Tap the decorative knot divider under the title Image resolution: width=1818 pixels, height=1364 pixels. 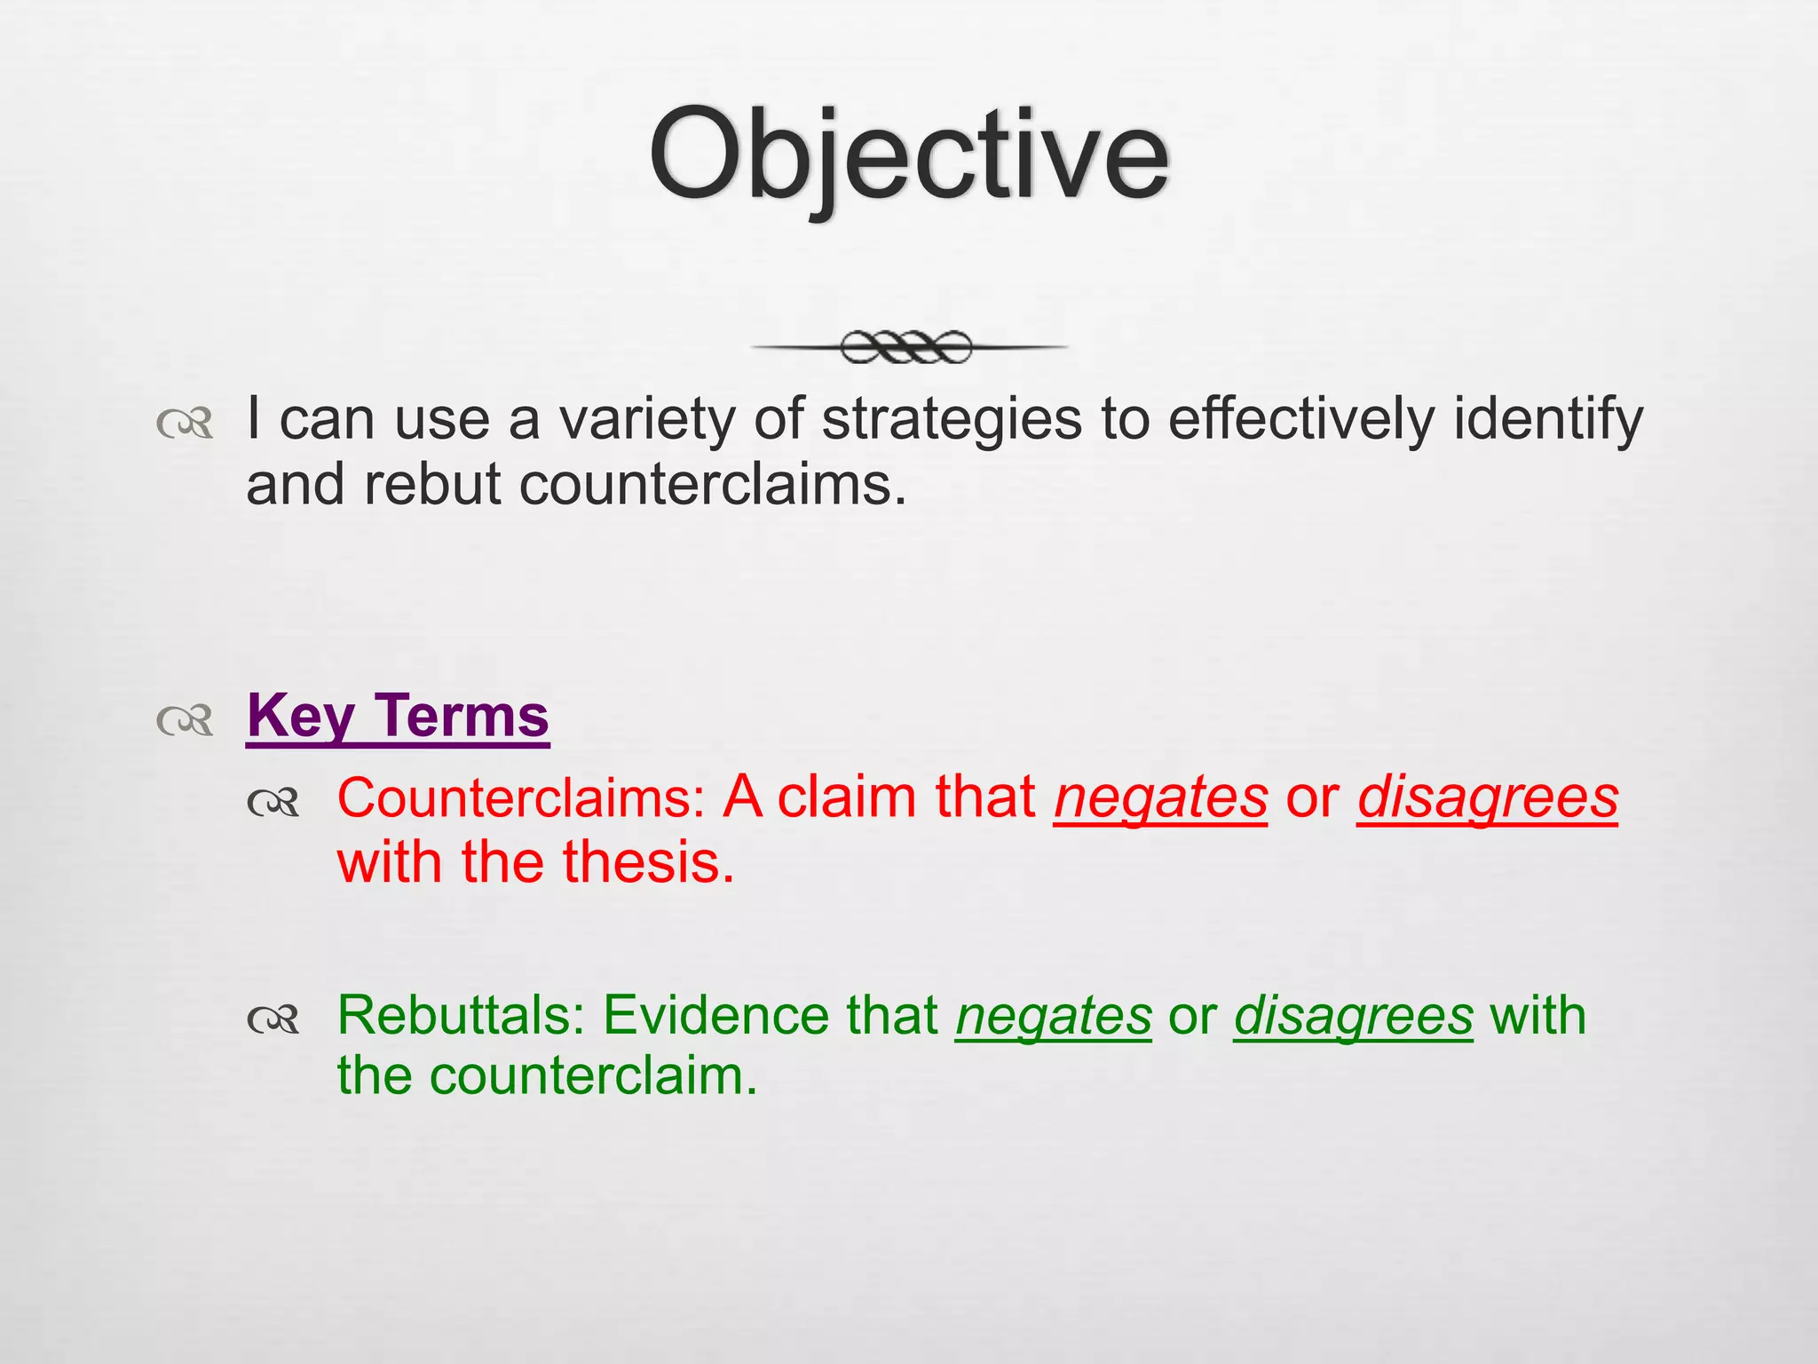point(907,347)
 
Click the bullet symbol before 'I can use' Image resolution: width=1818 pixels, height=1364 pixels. point(186,424)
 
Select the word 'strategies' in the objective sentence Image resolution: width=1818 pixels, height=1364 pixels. point(951,419)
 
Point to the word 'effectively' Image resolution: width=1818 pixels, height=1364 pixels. point(1300,419)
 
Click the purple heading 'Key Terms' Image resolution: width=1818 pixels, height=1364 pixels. point(398,716)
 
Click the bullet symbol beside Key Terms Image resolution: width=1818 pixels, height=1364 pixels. point(186,720)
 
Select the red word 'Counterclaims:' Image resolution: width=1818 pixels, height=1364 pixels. point(520,797)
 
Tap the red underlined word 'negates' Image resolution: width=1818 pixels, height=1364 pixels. point(1160,797)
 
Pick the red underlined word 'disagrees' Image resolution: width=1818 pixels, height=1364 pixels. point(1487,797)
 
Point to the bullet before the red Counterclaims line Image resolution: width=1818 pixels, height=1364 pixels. point(273,804)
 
